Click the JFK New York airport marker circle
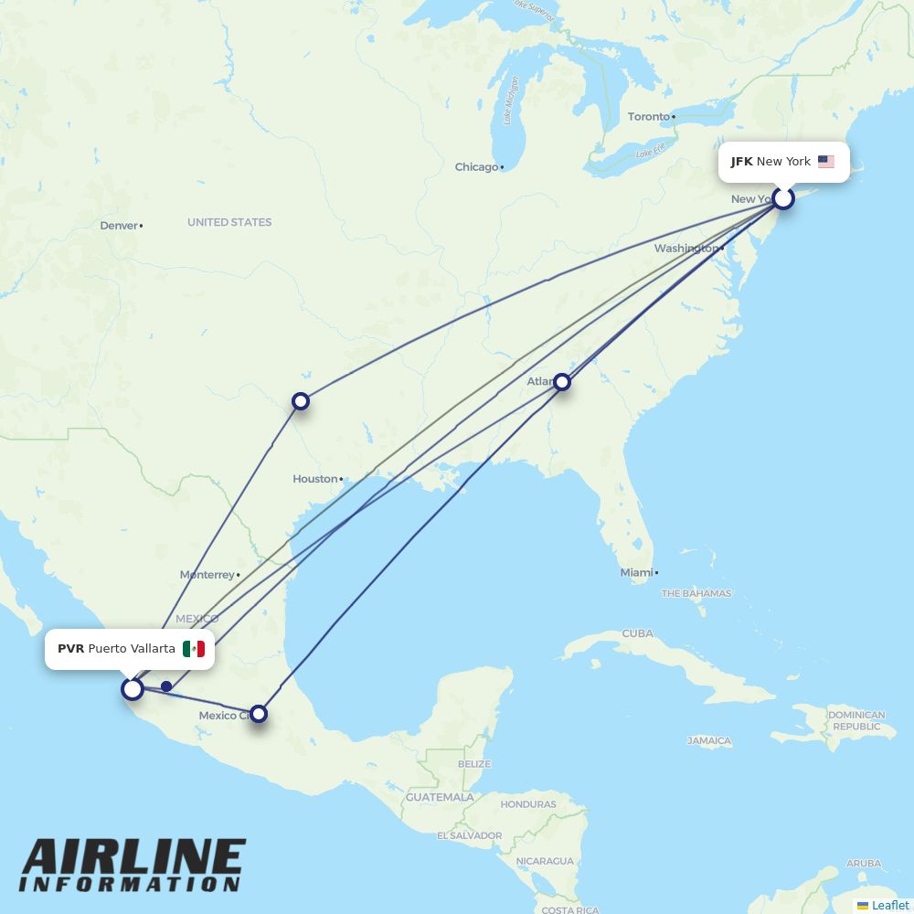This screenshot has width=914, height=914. (783, 197)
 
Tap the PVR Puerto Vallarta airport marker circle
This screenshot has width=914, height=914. (133, 688)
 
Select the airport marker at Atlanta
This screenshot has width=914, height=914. (562, 382)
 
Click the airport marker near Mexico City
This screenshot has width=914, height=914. (259, 713)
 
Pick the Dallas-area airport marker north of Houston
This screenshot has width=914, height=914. (300, 401)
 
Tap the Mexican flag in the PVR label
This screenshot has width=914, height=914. (193, 649)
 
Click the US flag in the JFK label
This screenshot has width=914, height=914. (826, 162)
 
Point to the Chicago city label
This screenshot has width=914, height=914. (477, 167)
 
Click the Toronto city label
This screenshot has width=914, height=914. (649, 117)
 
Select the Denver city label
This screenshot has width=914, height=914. (119, 226)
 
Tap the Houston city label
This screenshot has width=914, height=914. (315, 479)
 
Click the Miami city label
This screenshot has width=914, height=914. (636, 573)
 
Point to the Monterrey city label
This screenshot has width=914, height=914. (207, 575)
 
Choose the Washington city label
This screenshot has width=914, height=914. (685, 249)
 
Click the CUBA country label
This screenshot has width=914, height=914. (637, 633)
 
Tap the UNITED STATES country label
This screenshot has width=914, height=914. (229, 222)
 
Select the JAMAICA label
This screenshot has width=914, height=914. (709, 741)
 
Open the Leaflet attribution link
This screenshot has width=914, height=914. (890, 905)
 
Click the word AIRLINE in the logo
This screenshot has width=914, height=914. (133, 858)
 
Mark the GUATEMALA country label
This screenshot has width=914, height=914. (441, 797)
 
